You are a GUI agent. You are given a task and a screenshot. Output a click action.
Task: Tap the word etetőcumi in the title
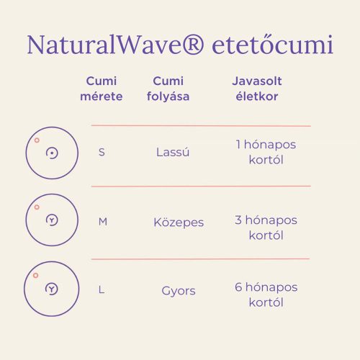273,45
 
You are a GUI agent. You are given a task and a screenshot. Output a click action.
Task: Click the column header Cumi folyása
171,89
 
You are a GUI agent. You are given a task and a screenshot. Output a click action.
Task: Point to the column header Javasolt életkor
256,89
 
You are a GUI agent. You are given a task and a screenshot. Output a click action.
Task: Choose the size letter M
102,222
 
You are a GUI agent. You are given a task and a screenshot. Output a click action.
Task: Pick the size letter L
102,290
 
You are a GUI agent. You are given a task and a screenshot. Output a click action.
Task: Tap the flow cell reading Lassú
173,153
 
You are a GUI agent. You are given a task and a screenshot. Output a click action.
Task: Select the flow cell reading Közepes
179,222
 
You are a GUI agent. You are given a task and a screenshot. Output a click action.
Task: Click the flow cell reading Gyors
179,291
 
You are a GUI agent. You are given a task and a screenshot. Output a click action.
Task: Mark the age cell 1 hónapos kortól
266,152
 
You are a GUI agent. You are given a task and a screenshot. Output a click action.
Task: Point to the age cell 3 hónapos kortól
266,228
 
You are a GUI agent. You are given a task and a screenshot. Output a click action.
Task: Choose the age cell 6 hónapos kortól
266,294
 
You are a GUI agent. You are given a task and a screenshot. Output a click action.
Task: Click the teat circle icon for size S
52,153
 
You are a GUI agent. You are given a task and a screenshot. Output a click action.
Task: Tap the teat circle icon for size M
52,220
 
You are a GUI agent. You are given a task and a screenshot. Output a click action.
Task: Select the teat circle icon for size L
52,289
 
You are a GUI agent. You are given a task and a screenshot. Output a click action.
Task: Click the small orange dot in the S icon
37,140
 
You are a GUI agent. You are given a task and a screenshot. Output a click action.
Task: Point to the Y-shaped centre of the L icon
52,288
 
